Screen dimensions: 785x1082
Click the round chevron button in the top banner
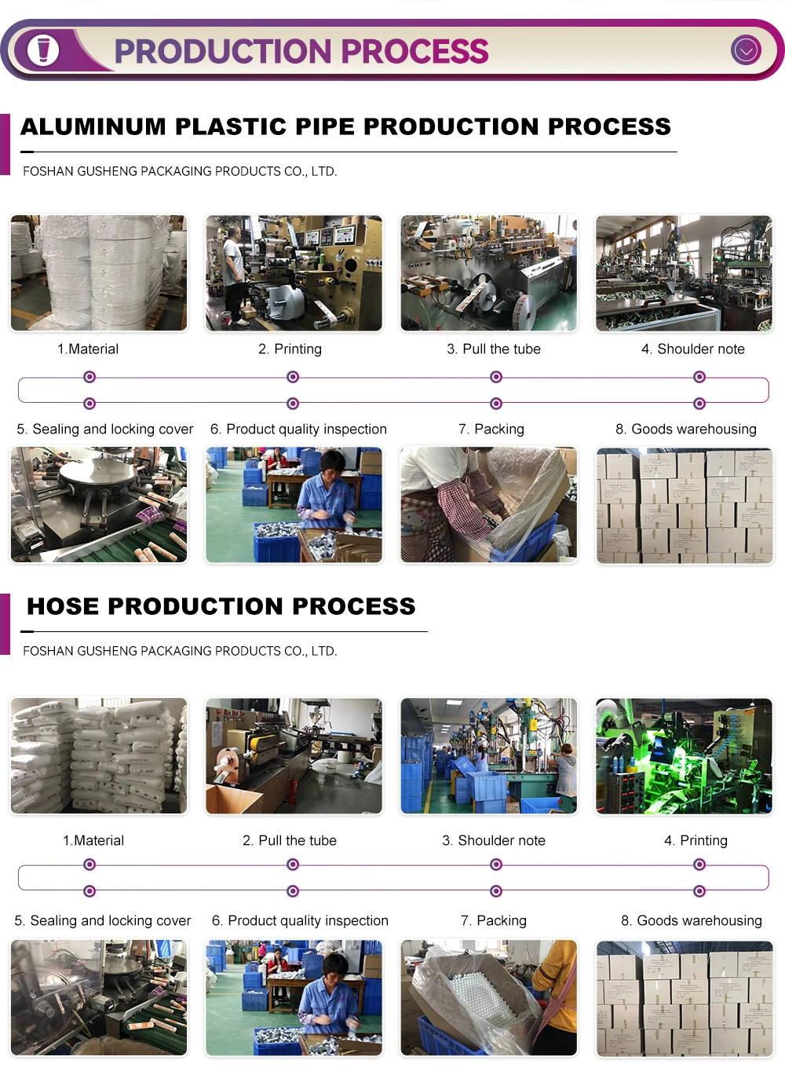(x=746, y=50)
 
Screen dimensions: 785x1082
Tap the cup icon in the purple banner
(x=43, y=49)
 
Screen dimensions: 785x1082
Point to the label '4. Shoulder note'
(x=692, y=349)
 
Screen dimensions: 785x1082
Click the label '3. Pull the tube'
(x=494, y=349)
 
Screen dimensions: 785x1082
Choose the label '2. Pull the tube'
(x=290, y=840)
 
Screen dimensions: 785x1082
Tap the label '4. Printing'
(x=696, y=840)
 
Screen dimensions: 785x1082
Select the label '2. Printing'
(x=290, y=349)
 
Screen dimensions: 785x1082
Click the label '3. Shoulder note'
(x=494, y=840)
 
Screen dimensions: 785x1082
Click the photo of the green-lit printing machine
(x=684, y=755)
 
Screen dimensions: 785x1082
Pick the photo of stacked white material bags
(x=99, y=755)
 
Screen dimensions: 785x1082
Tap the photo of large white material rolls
(x=99, y=272)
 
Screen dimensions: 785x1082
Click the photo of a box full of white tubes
(x=488, y=997)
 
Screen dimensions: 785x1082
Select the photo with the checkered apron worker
(x=488, y=504)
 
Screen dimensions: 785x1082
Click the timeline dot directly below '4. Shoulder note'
(x=699, y=377)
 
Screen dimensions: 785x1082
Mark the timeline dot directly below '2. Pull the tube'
(x=293, y=865)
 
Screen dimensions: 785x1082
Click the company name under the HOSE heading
(x=180, y=651)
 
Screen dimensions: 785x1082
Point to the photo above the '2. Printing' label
(x=294, y=272)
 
